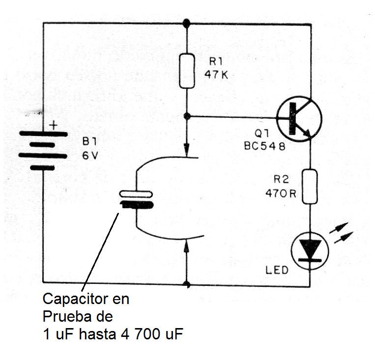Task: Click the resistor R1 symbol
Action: point(187,71)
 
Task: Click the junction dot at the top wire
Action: point(186,23)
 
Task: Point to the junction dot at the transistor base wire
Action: point(187,116)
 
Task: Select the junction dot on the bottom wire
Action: point(187,284)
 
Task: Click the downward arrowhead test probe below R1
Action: point(187,148)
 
